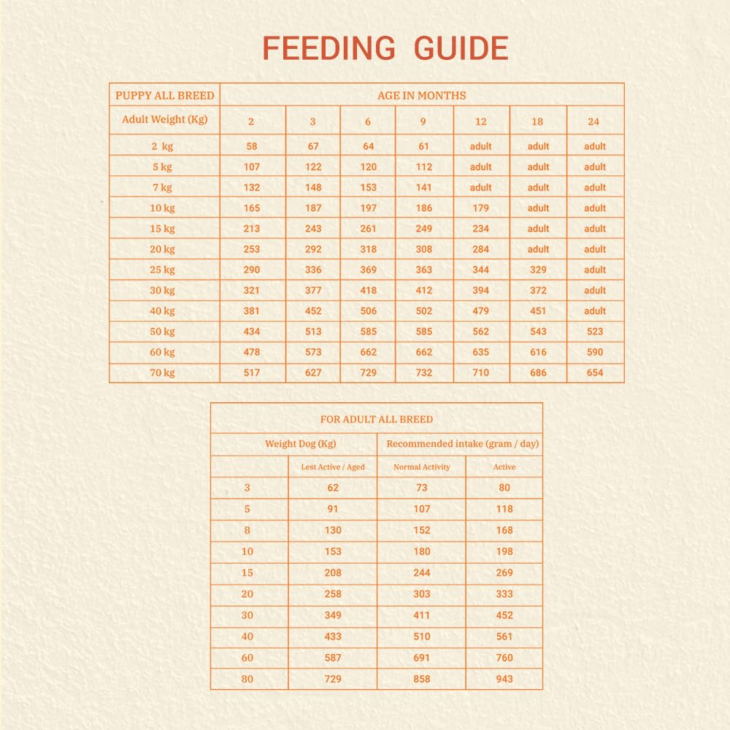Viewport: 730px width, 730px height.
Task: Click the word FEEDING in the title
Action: pos(328,49)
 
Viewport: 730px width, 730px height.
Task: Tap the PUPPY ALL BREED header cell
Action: pos(165,95)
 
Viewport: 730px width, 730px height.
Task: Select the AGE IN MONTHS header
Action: pos(421,95)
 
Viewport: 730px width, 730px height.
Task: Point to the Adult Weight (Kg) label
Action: pos(165,120)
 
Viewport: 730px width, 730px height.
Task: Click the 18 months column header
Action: pos(538,122)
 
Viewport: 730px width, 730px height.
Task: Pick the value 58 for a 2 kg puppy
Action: pos(252,146)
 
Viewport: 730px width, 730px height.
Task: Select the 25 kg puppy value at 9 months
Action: pos(424,269)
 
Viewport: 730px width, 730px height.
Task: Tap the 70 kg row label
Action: pos(164,372)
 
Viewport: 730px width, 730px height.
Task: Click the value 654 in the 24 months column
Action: pos(595,372)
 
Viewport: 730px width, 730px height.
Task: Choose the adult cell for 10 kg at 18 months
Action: pos(538,208)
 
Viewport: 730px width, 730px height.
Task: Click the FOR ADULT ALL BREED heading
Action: pos(377,420)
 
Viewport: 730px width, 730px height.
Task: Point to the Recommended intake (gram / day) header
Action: pos(463,444)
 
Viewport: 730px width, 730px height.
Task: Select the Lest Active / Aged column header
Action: pos(333,467)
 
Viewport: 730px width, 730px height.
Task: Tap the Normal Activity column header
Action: pos(422,467)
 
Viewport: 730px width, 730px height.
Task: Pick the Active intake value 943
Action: pos(504,679)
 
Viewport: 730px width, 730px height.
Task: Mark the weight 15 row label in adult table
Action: pos(247,573)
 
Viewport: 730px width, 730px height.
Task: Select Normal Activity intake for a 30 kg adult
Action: pos(422,615)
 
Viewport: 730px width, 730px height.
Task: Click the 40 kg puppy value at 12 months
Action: pos(480,311)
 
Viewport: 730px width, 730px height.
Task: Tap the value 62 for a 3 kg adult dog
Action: pos(333,488)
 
